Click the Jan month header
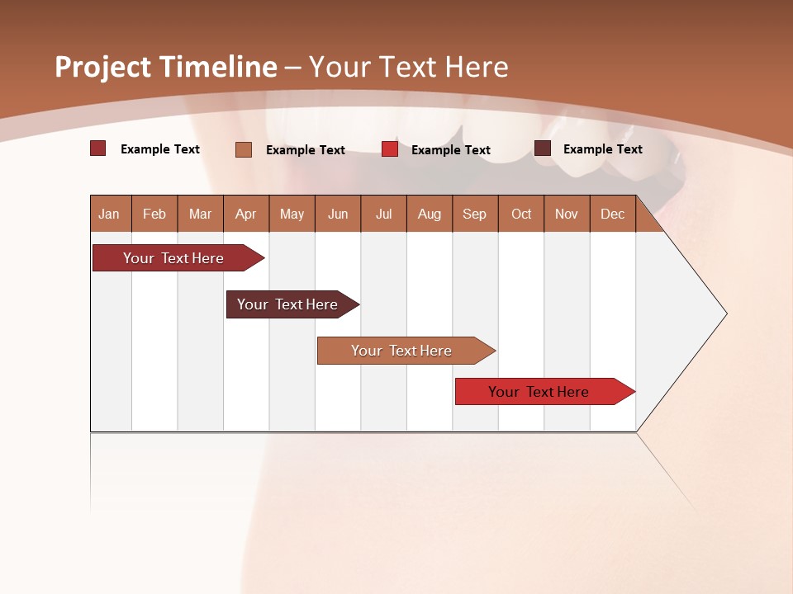click(110, 214)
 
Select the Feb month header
click(154, 214)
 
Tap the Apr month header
click(246, 214)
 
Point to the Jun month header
click(338, 214)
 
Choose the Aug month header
click(430, 214)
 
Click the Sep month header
click(475, 214)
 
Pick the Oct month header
click(521, 214)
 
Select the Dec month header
click(613, 214)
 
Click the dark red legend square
click(98, 148)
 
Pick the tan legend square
click(244, 149)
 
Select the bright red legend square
click(390, 149)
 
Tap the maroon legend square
click(543, 148)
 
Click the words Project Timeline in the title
click(166, 67)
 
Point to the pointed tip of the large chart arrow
click(725, 313)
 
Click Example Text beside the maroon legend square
click(603, 148)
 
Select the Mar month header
click(201, 214)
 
